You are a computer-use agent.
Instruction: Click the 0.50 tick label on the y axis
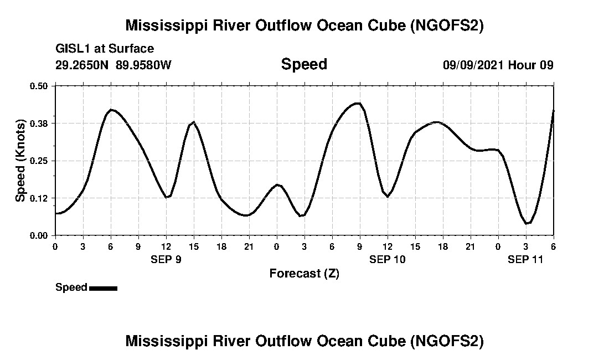coord(39,86)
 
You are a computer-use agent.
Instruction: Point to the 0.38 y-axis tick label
coord(39,123)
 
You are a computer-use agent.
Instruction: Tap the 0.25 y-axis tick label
coord(39,161)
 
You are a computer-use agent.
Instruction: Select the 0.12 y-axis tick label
coord(39,198)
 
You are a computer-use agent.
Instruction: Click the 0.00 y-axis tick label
coord(39,235)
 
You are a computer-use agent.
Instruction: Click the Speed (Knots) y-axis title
coord(20,161)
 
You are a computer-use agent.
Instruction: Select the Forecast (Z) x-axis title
coord(304,273)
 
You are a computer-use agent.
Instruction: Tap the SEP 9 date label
coord(166,259)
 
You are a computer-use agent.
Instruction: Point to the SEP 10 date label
coord(388,259)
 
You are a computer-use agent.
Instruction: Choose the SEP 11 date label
coord(526,259)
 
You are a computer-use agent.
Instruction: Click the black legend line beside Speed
coord(103,288)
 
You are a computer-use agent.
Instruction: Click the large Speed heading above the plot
coord(304,64)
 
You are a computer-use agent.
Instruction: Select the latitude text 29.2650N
coord(83,65)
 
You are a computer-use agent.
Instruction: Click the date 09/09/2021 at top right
coord(473,65)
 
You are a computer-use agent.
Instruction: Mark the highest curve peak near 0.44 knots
coord(358,103)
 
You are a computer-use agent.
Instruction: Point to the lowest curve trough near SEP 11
coord(528,223)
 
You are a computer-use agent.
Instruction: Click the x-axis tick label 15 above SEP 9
coord(194,246)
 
